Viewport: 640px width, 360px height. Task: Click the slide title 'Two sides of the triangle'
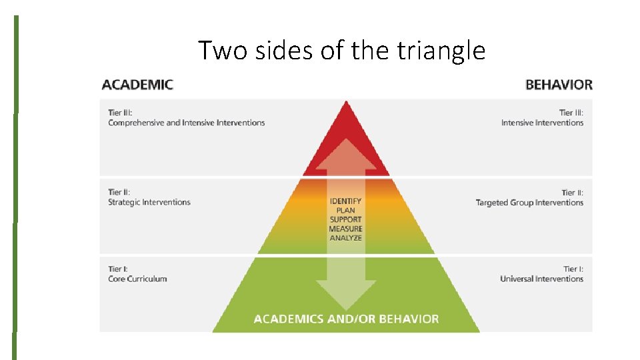point(341,50)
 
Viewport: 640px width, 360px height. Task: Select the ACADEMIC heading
point(137,85)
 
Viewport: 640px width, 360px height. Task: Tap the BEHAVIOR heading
point(559,85)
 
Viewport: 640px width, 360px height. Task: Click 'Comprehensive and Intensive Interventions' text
point(186,123)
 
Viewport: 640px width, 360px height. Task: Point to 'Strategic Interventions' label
point(149,202)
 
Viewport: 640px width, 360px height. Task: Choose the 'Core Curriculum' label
point(137,279)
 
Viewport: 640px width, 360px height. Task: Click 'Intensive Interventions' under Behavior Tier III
point(542,123)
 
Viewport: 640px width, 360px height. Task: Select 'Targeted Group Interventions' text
point(529,203)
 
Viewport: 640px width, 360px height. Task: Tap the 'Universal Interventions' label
point(541,279)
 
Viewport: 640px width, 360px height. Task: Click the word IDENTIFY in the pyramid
point(345,201)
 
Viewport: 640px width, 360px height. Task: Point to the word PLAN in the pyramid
point(345,210)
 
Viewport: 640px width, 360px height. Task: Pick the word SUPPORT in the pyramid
point(345,219)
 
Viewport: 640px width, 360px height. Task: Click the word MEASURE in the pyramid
point(345,229)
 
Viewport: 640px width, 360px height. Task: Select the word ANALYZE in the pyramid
point(345,238)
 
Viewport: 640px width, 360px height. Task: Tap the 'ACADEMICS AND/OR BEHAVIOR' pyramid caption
point(346,319)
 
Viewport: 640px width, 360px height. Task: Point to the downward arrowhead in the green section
point(345,293)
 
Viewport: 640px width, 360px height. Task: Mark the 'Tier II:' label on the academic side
point(119,193)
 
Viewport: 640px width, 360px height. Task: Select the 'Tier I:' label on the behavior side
point(573,269)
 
